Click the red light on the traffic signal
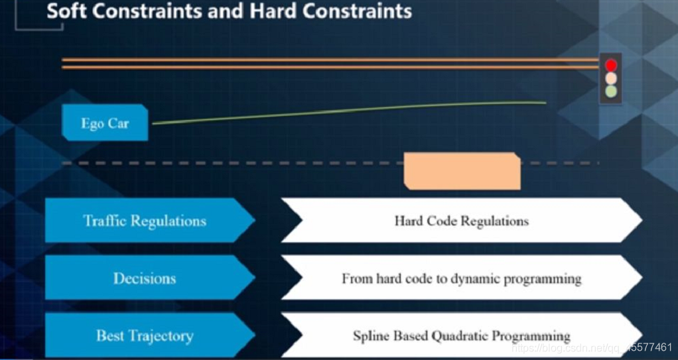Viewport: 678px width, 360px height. click(x=611, y=65)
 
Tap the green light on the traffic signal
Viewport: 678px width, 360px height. click(x=611, y=91)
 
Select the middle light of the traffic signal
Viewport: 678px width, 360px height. click(x=611, y=78)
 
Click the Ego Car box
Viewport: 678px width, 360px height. click(x=105, y=123)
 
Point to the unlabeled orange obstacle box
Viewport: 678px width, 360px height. click(x=462, y=171)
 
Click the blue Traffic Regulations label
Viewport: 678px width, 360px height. click(x=145, y=221)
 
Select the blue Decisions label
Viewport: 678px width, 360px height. click(x=145, y=278)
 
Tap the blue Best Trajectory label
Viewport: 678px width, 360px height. click(x=145, y=335)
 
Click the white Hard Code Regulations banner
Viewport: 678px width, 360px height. click(x=461, y=221)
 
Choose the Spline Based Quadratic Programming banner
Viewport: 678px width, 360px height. click(x=461, y=335)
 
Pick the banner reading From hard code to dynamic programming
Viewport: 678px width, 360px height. click(x=461, y=278)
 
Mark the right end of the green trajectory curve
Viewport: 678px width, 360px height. click(x=545, y=103)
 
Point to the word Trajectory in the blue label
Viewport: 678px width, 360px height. click(x=160, y=336)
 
